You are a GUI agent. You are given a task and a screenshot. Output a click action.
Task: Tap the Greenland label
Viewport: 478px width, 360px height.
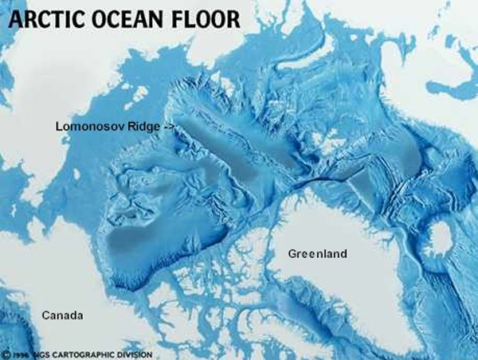click(x=318, y=254)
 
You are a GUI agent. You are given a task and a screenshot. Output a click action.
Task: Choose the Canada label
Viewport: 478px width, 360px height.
click(x=63, y=316)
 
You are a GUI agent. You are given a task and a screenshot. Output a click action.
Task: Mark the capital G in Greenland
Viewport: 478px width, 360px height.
click(x=292, y=254)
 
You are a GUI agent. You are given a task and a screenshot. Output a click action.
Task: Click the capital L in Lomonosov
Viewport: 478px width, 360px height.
click(x=58, y=126)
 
